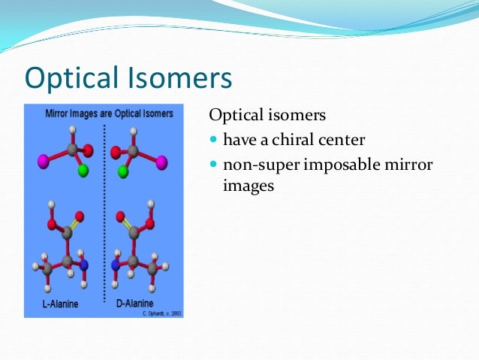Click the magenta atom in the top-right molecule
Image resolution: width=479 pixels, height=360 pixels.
point(161,162)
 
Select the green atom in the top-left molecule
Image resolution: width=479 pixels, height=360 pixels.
point(83,171)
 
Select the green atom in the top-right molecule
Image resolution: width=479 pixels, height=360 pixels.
point(122,171)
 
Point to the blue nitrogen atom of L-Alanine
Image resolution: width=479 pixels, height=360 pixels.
point(85,265)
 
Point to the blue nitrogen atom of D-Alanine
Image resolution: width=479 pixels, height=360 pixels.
point(116,265)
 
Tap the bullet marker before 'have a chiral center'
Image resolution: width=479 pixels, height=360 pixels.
point(213,141)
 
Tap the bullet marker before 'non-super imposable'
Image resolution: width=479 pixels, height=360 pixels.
point(213,164)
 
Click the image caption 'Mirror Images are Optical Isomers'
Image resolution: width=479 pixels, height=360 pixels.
point(103,113)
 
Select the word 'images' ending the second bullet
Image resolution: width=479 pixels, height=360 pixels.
point(249,185)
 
